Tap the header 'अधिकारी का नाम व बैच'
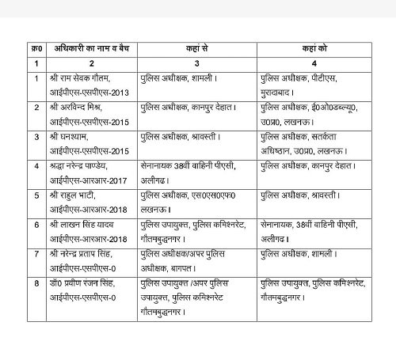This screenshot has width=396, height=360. (86, 48)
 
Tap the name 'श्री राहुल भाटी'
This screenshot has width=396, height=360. (73, 193)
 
